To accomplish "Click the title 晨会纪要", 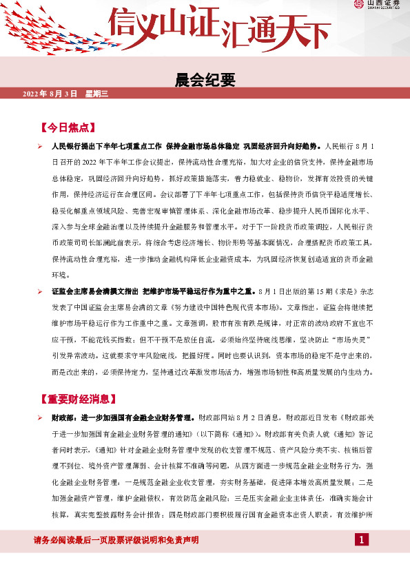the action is point(205,79).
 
